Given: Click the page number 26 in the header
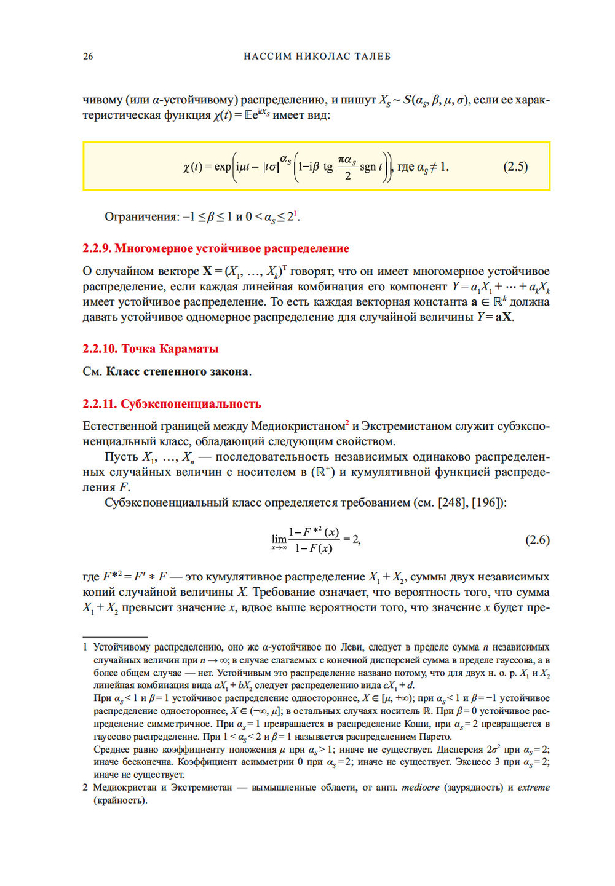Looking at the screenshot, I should (88, 57).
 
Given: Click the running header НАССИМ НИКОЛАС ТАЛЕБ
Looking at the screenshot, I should (317, 57).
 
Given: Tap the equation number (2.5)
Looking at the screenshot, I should (515, 167).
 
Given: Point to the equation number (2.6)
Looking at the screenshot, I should (537, 540).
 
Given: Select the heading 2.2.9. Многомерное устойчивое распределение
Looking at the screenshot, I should (216, 248).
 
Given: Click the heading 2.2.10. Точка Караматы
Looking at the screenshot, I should (151, 349).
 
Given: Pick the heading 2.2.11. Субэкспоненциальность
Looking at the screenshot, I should (172, 404).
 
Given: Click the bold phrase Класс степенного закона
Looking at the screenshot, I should (177, 371).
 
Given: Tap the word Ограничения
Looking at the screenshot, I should (141, 216).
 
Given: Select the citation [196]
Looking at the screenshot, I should (488, 502).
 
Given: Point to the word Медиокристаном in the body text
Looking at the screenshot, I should (298, 426).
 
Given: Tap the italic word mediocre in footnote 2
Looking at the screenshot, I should (421, 788).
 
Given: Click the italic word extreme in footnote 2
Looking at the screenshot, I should (533, 788).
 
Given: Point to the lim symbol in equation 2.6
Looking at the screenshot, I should (279, 539).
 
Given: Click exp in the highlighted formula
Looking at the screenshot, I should (222, 167).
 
